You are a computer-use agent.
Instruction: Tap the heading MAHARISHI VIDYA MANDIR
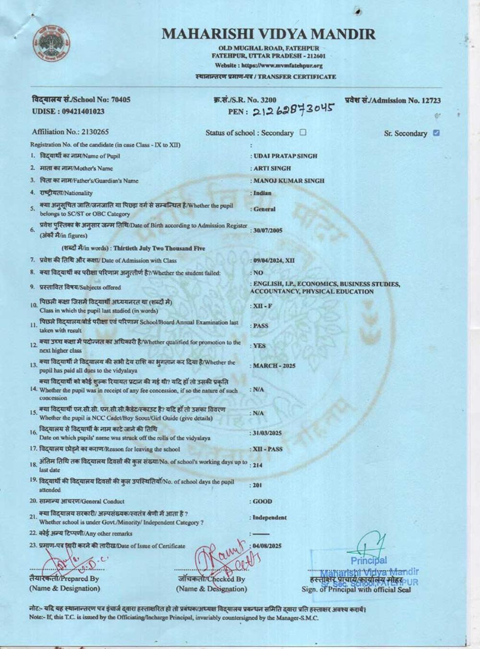tap(268, 34)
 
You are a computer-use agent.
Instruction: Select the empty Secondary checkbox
tap(303, 132)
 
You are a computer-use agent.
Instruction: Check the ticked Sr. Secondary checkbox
tap(436, 133)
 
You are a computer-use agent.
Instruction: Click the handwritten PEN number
tap(292, 111)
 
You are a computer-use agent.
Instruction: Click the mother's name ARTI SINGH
tap(272, 168)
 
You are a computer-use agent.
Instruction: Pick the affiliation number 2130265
tap(95, 132)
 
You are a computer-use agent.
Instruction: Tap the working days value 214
tap(258, 465)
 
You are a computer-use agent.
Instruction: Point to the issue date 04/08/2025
tap(267, 546)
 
